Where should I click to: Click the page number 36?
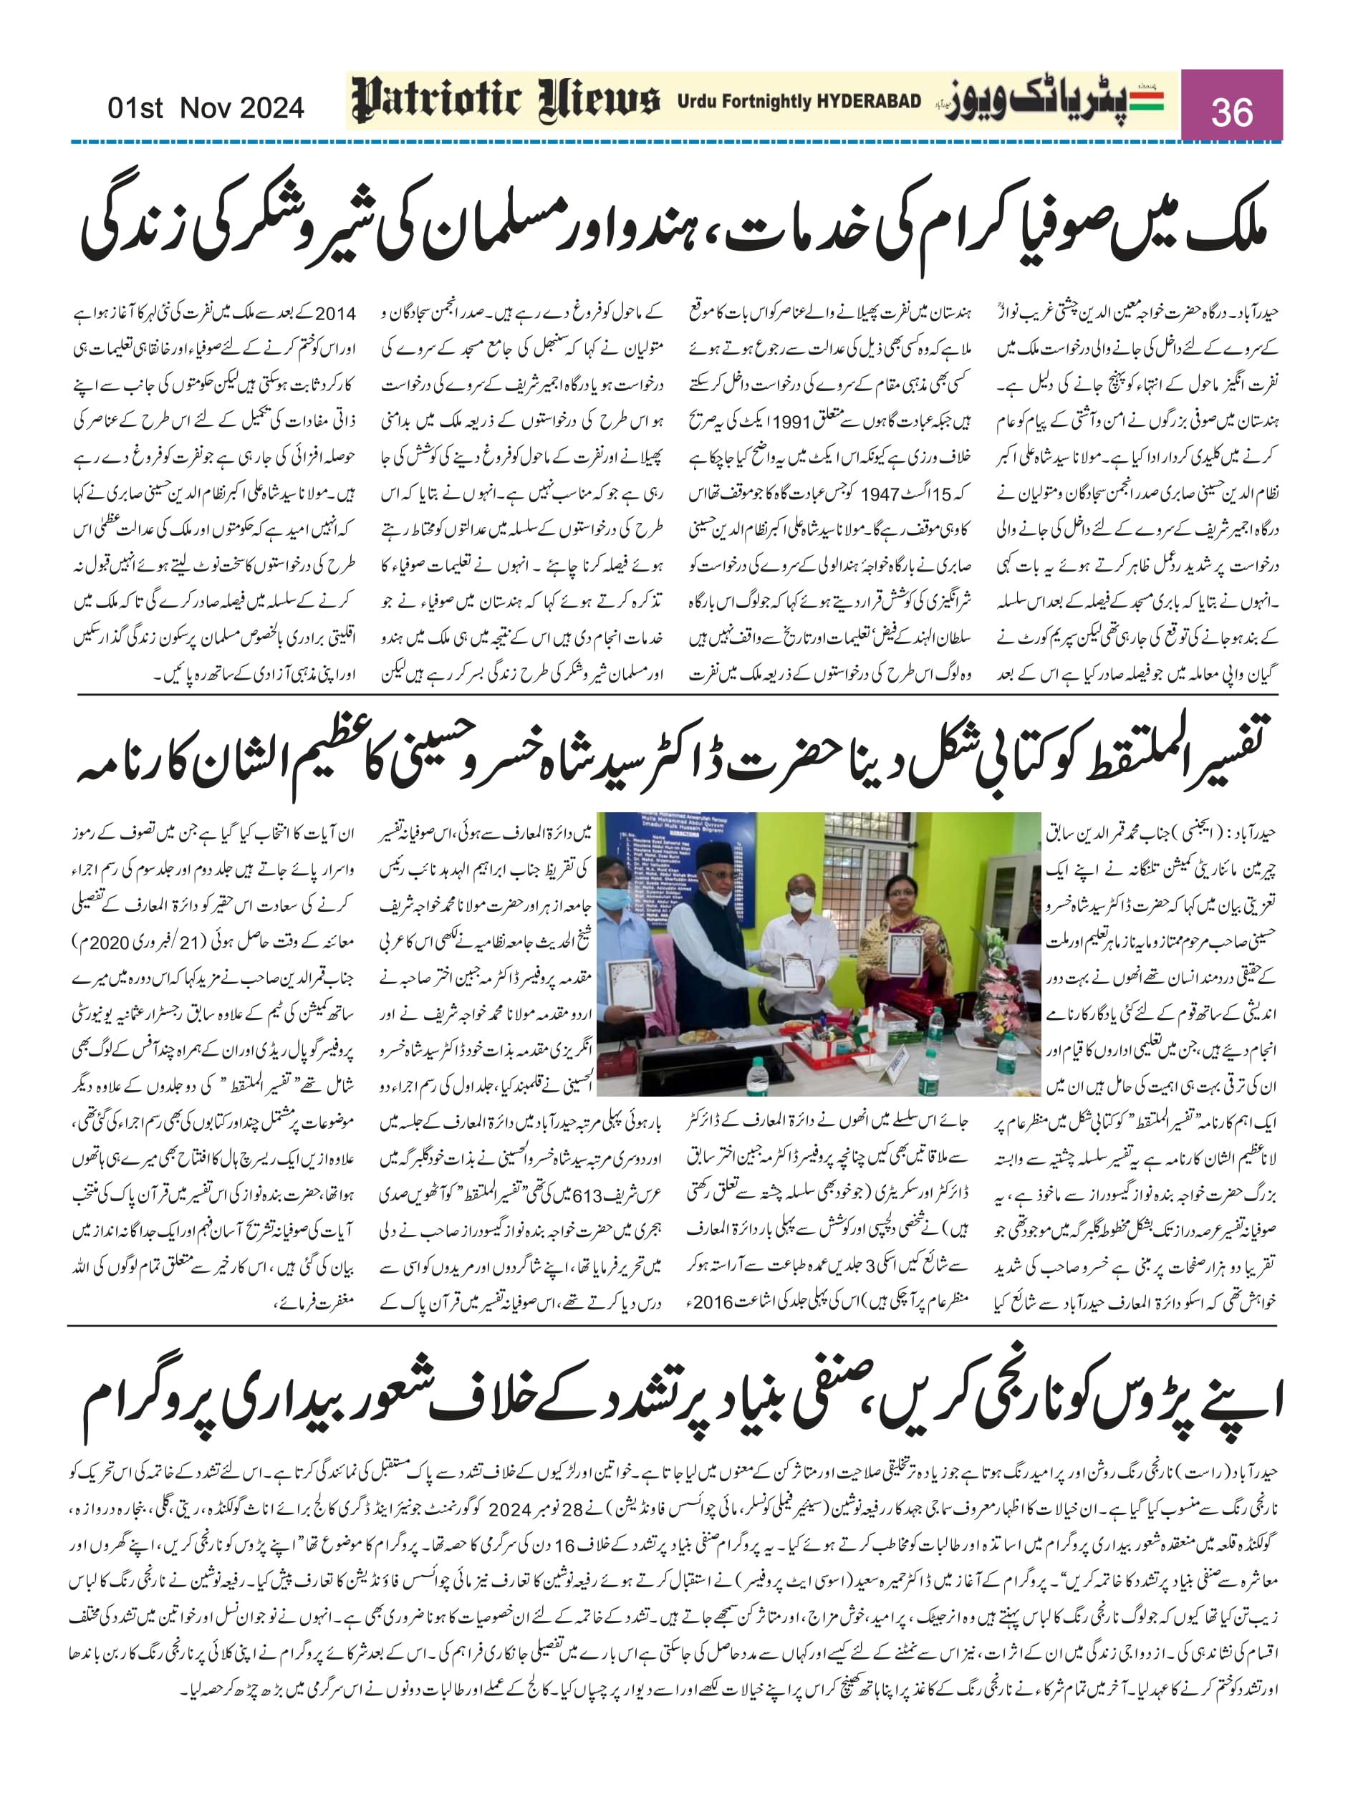point(1231,111)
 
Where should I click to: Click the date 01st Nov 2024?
point(206,107)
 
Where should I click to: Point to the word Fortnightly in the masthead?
point(766,102)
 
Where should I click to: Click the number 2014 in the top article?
point(334,313)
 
